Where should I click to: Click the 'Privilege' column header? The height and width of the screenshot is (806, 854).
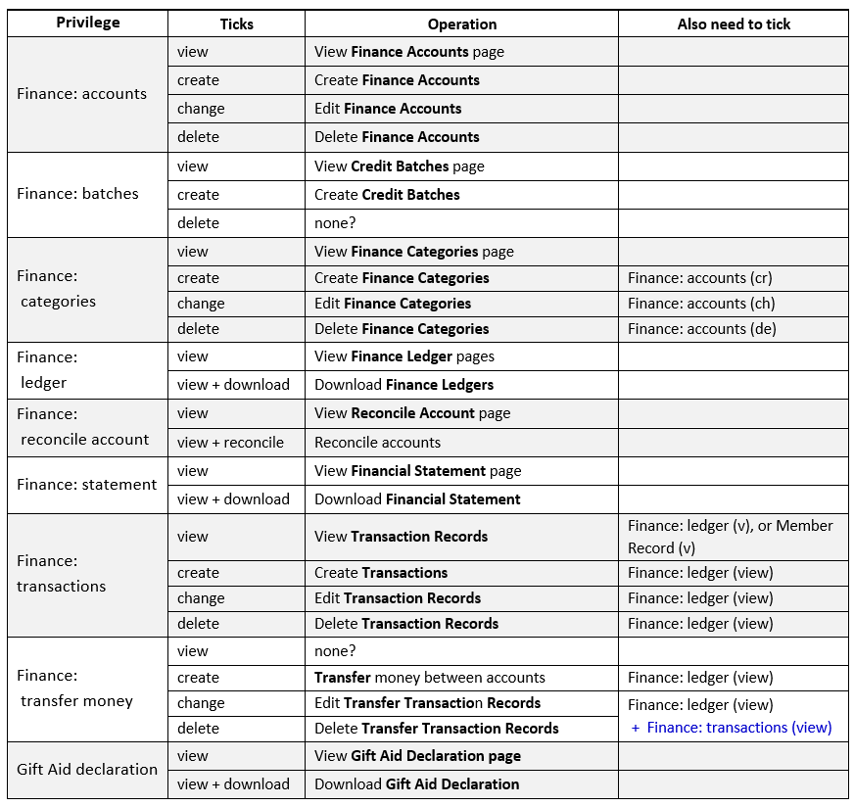point(87,23)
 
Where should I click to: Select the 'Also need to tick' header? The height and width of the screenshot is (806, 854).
point(733,24)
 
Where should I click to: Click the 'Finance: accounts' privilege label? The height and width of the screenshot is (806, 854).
point(82,94)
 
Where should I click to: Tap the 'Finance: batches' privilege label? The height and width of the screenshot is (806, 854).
point(78,194)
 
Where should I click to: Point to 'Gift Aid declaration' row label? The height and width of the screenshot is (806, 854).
point(87,770)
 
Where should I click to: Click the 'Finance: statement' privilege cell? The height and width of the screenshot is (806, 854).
point(87,485)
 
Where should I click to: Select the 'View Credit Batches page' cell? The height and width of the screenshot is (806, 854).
point(400,166)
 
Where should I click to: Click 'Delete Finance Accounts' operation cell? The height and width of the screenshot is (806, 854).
point(397,137)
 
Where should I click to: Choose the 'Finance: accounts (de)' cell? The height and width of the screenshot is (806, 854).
point(701,329)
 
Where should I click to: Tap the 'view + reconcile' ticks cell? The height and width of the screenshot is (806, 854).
point(230,443)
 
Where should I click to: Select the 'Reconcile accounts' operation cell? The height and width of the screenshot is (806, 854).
point(377,443)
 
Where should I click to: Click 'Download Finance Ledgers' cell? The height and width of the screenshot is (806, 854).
point(403,385)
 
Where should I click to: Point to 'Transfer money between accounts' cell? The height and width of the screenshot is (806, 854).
point(429,678)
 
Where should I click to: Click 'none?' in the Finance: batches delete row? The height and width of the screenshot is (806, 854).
point(335,223)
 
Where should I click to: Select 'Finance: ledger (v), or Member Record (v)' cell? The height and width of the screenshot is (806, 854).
point(730,537)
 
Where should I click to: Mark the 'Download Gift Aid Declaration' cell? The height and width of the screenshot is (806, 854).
point(416,784)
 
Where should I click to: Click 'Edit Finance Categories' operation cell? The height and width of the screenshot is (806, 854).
point(393,304)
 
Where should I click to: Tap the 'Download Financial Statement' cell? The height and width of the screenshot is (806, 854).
point(417,499)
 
